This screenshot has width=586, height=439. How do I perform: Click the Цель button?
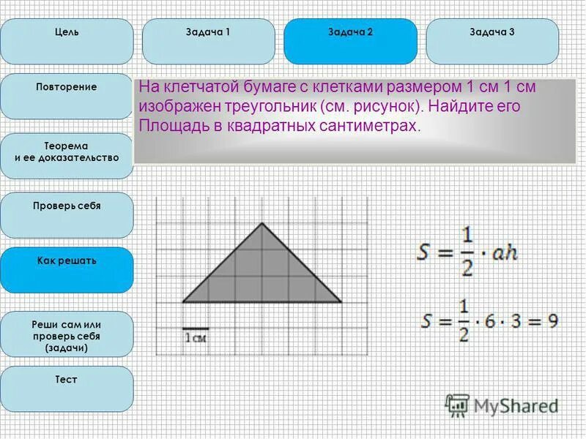[x=67, y=41]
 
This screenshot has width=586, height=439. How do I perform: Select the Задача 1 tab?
[x=209, y=41]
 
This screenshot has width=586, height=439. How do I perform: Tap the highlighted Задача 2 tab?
[x=350, y=41]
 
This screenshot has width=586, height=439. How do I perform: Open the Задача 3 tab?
[x=492, y=41]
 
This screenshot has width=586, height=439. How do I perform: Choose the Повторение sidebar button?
[x=67, y=96]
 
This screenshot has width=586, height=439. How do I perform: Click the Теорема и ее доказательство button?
[x=67, y=156]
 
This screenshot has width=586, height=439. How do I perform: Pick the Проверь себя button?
[x=67, y=214]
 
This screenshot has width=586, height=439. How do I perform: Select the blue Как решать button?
[x=67, y=269]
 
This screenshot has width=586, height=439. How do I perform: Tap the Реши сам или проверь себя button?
[x=67, y=335]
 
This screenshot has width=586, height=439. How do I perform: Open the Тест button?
[x=67, y=389]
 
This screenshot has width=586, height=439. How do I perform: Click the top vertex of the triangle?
[x=262, y=222]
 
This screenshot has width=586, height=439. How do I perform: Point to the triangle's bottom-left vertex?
[x=182, y=301]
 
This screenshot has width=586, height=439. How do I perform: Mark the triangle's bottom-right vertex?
[x=341, y=301]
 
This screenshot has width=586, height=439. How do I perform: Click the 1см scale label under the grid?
[x=195, y=337]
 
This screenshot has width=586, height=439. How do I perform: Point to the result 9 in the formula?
[x=552, y=320]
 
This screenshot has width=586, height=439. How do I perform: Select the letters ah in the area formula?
[x=506, y=253]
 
